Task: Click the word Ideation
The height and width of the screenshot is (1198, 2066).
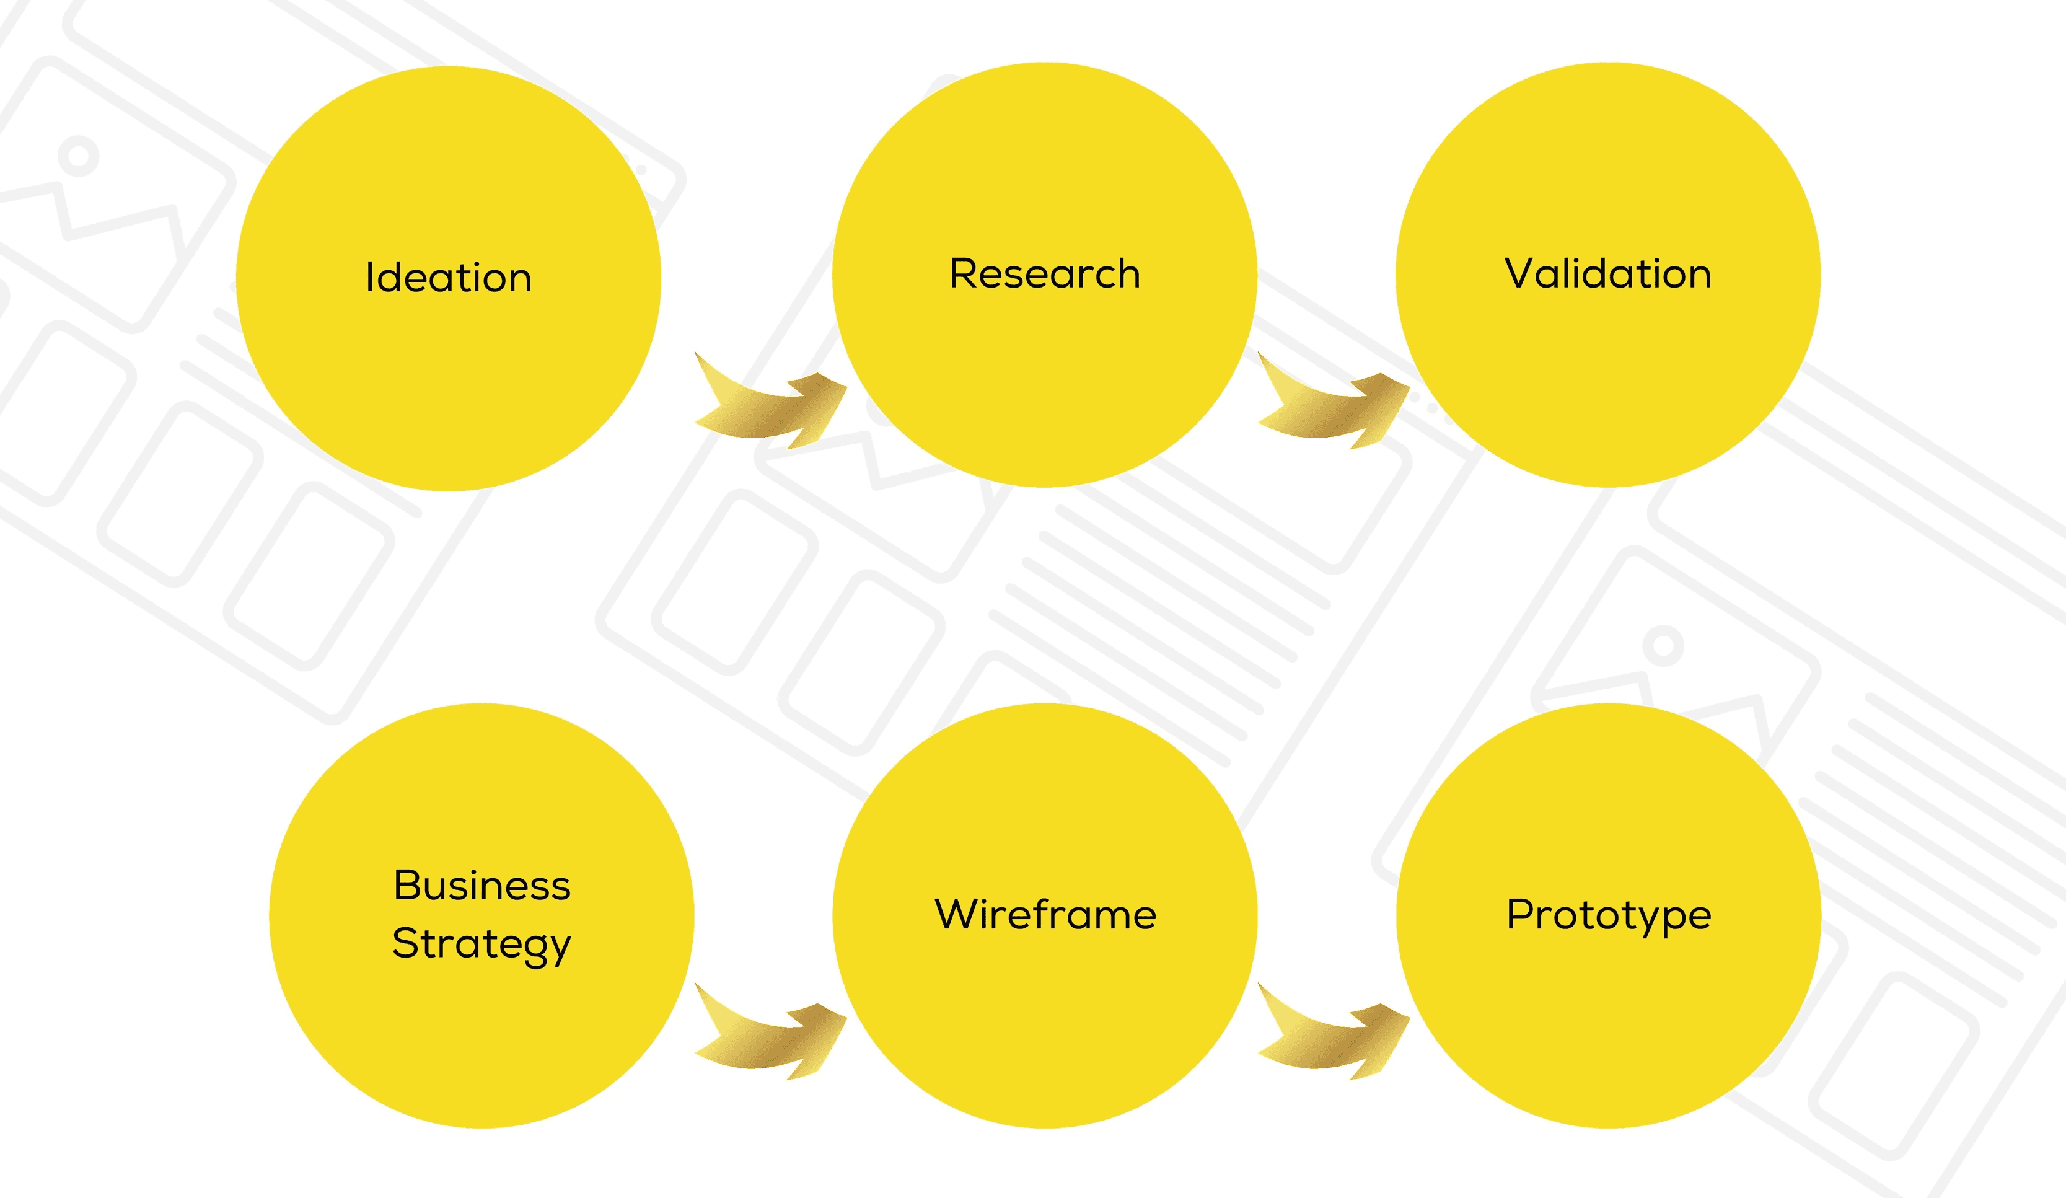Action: point(449,278)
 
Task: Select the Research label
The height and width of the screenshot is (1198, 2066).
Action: point(1045,274)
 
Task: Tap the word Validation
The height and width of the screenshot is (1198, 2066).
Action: point(1607,274)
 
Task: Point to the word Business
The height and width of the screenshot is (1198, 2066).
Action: point(481,886)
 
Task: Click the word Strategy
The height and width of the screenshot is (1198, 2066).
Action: point(481,945)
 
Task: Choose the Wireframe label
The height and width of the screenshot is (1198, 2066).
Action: point(1045,914)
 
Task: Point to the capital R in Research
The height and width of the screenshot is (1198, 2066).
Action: point(962,274)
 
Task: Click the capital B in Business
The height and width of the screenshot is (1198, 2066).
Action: point(406,886)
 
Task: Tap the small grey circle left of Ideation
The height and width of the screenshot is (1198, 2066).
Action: point(79,156)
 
